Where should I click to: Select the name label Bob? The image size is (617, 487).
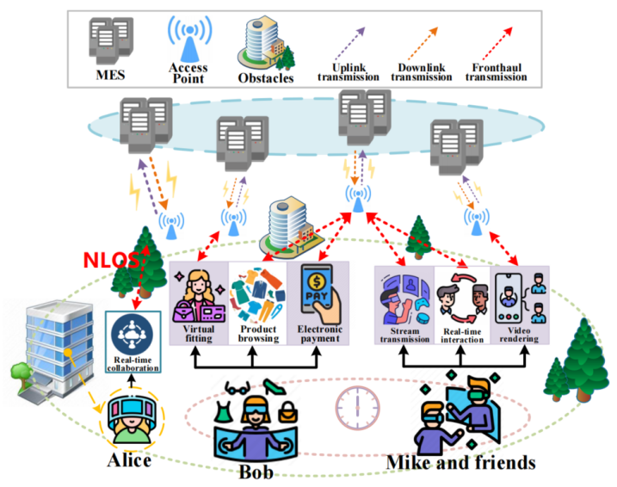click(259, 471)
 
